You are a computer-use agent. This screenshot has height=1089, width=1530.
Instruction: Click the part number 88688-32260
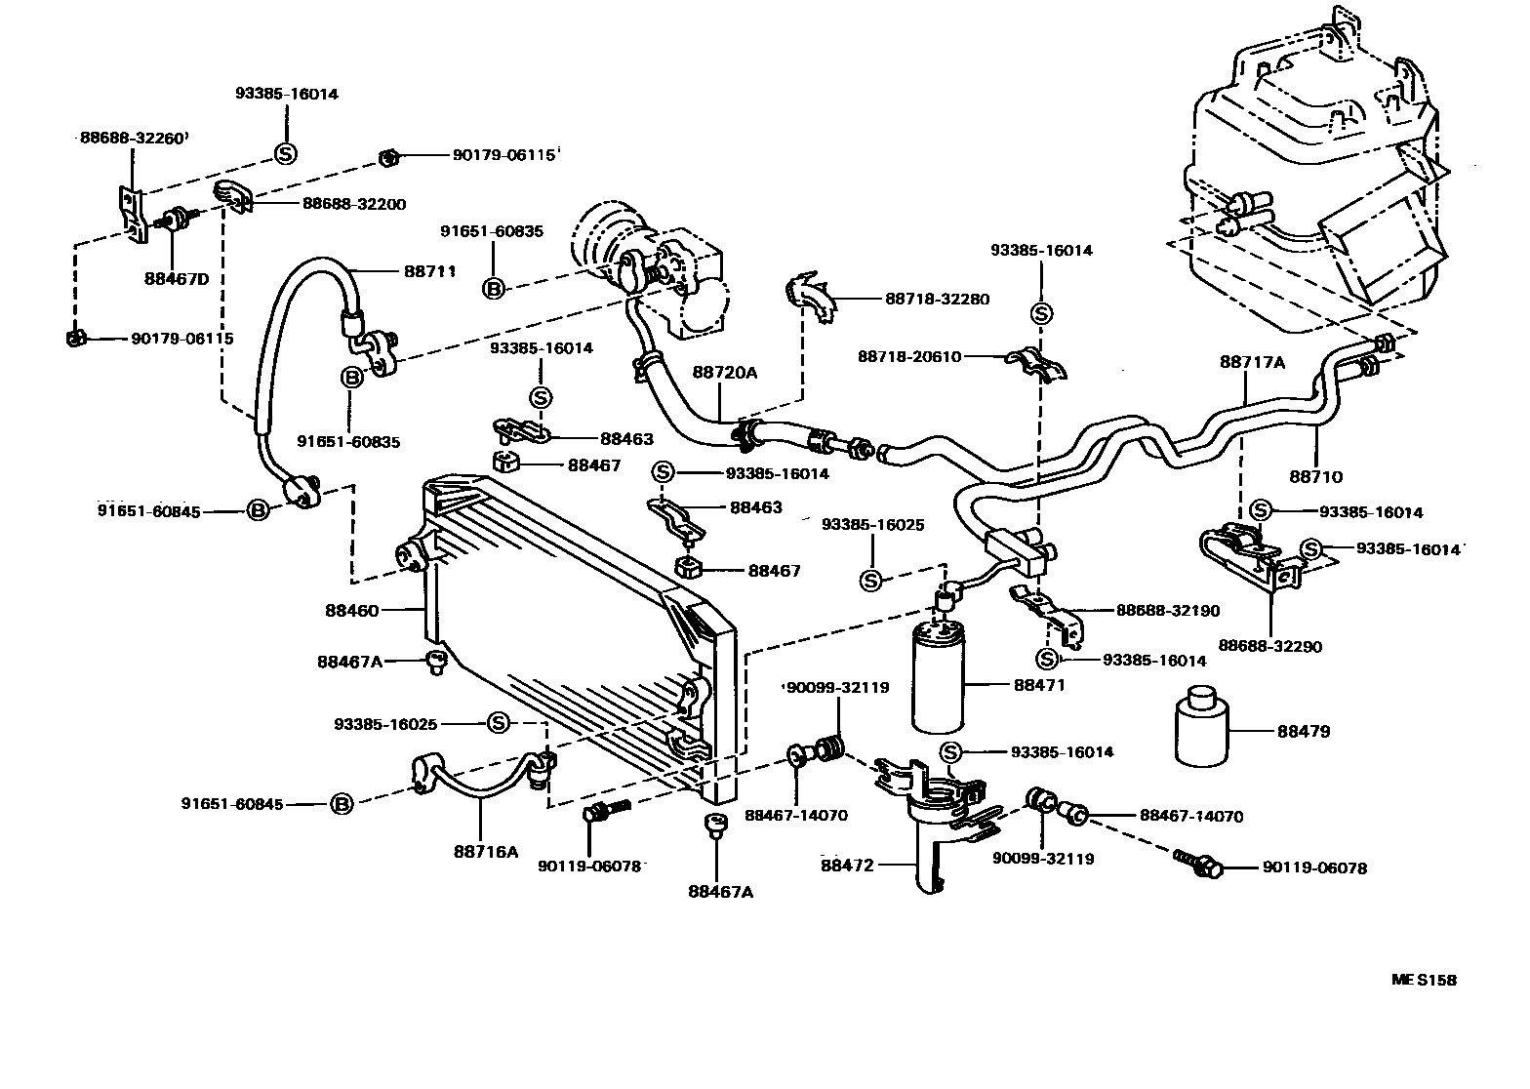(131, 139)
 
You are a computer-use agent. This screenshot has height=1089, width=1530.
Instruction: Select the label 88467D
(177, 278)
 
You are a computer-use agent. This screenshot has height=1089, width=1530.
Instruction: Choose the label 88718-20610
(909, 357)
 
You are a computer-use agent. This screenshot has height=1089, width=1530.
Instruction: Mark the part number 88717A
(1252, 362)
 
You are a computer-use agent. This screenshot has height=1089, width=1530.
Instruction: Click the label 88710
(1315, 477)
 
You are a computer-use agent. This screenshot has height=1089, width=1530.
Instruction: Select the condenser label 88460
(352, 611)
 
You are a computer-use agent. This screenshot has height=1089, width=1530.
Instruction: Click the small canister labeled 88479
(1202, 730)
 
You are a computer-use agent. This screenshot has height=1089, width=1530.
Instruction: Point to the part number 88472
(847, 865)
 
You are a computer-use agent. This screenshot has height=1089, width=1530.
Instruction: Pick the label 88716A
(485, 851)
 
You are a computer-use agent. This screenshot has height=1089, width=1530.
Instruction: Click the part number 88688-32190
(1168, 611)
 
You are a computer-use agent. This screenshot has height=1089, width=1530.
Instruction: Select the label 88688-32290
(1269, 646)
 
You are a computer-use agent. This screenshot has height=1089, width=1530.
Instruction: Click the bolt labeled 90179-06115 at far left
(74, 339)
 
